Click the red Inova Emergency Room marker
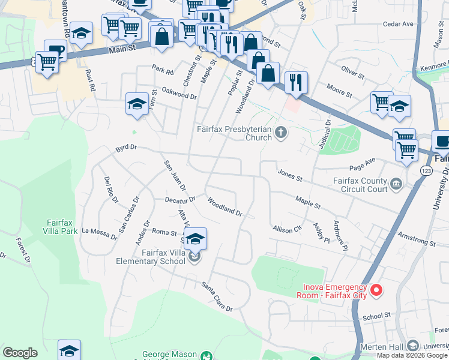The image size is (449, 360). [376, 291]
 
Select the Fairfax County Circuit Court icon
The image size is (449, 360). [396, 184]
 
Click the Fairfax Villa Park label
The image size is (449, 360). [62, 226]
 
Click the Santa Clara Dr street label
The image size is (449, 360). [217, 296]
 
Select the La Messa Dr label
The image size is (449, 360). [100, 233]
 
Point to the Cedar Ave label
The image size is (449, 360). [399, 24]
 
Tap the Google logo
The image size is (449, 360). [20, 353]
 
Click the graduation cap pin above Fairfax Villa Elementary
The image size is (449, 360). [195, 239]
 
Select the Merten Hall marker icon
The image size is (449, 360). [412, 346]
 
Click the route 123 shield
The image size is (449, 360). [424, 170]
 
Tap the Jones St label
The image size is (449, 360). [290, 175]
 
